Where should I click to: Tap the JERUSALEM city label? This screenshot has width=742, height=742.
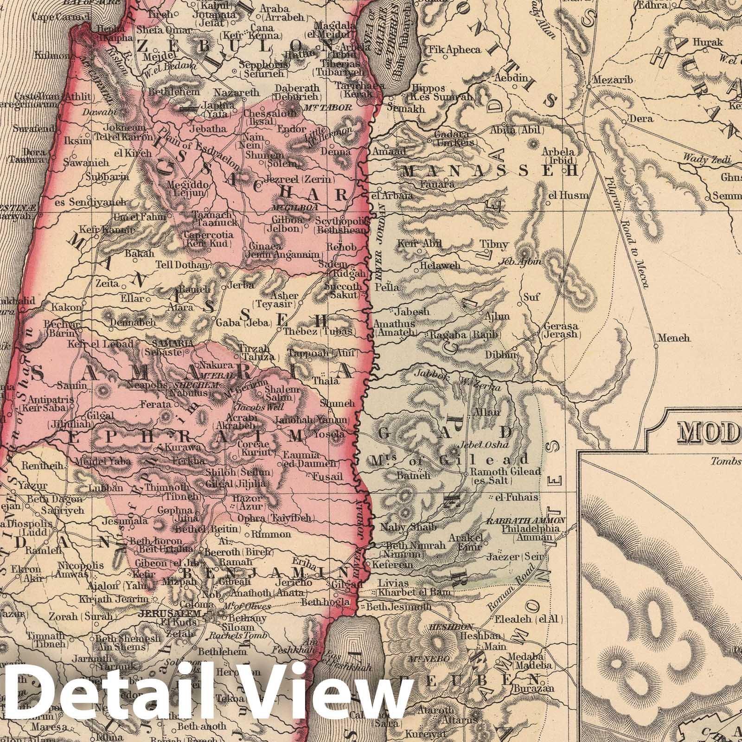click(174, 613)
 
